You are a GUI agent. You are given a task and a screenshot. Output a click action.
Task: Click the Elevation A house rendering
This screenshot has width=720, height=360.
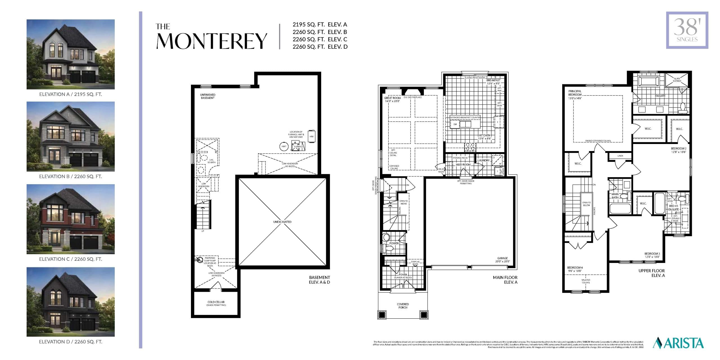click(71, 54)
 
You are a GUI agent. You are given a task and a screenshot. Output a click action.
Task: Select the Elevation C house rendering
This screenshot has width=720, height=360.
click(71, 219)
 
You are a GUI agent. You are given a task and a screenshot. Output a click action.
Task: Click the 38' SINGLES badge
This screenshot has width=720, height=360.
click(687, 30)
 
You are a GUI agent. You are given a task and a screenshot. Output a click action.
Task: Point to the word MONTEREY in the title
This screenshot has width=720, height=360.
click(211, 41)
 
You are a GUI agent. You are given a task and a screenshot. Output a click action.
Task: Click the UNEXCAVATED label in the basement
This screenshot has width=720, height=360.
click(282, 222)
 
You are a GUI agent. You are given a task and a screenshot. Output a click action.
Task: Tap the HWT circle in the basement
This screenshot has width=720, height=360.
click(284, 147)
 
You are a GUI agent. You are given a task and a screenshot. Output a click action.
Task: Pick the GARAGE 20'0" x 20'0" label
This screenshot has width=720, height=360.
click(502, 260)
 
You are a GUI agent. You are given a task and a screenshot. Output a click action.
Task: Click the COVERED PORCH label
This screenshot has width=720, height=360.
click(403, 306)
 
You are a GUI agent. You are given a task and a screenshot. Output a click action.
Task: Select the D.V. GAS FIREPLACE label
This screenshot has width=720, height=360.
click(413, 97)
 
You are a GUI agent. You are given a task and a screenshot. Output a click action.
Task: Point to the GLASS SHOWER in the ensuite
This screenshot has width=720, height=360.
click(677, 80)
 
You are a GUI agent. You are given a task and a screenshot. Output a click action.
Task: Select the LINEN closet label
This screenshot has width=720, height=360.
click(620, 156)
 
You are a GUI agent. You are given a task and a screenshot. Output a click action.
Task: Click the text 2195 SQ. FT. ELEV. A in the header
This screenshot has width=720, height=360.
click(320, 24)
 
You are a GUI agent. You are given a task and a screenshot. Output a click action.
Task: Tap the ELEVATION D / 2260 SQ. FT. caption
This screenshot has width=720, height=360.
click(71, 342)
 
